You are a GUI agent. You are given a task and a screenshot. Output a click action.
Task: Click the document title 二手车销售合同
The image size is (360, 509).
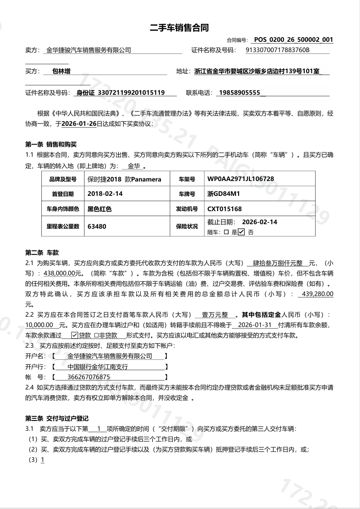179,28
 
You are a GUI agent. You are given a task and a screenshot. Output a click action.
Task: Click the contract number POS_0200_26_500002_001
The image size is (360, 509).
293,40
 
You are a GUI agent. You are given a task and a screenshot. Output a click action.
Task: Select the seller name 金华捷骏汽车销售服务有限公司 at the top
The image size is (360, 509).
89,50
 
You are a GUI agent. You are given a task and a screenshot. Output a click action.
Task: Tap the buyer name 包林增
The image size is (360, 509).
58,71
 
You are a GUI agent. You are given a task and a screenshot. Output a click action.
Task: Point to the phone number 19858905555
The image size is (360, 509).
239,93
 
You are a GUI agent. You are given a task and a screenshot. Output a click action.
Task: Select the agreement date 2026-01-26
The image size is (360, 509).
79,123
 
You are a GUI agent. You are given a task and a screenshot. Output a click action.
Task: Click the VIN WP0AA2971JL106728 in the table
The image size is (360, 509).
240,179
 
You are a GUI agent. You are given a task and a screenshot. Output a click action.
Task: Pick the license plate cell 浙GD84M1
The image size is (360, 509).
223,194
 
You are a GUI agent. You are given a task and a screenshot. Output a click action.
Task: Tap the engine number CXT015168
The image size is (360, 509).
224,209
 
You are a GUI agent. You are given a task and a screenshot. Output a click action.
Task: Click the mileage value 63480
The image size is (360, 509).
97,226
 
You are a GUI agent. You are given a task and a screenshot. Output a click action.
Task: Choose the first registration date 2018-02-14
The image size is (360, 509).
105,194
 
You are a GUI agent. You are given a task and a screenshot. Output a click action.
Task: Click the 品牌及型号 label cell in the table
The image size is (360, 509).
63,179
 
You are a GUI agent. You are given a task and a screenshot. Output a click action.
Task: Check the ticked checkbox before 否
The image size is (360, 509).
241,232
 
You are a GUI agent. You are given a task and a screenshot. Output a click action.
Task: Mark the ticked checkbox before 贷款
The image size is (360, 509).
75,335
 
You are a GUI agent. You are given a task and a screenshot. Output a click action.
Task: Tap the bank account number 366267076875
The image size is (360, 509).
88,377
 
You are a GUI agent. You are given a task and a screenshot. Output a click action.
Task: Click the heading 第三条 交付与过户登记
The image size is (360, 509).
57,418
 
